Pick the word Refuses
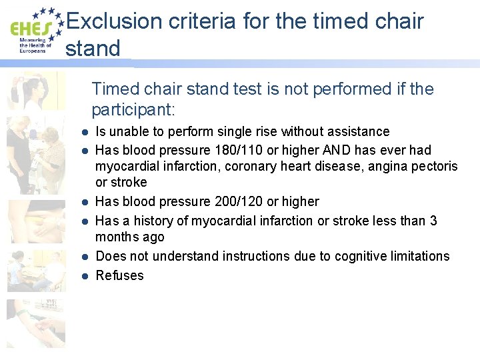pyautogui.click(x=120, y=275)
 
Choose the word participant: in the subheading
pyautogui.click(x=134, y=108)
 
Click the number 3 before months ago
pyautogui.click(x=433, y=220)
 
